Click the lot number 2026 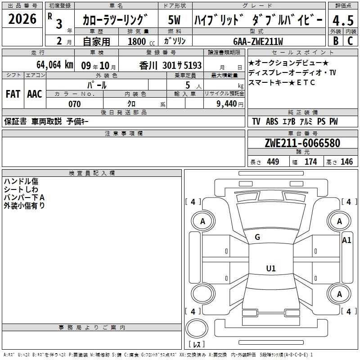pyautogui.click(x=22, y=19)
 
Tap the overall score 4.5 pyautogui.click(x=343, y=20)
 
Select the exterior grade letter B pyautogui.click(x=336, y=41)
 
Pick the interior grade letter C pyautogui.click(x=350, y=41)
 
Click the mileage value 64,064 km pyautogui.click(x=55, y=65)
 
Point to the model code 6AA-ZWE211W pyautogui.click(x=258, y=41)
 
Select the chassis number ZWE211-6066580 pyautogui.click(x=302, y=143)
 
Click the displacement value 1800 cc pyautogui.click(x=141, y=41)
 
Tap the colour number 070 pyautogui.click(x=75, y=104)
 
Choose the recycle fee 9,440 pyautogui.click(x=227, y=104)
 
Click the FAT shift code pyautogui.click(x=13, y=94)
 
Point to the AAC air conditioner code pyautogui.click(x=35, y=94)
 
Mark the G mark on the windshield pyautogui.click(x=257, y=237)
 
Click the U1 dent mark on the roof pyautogui.click(x=271, y=268)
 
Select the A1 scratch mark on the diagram pyautogui.click(x=346, y=240)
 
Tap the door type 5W pyautogui.click(x=174, y=20)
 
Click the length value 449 pyautogui.click(x=273, y=162)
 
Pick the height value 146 pyautogui.click(x=346, y=162)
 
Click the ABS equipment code pyautogui.click(x=272, y=121)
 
